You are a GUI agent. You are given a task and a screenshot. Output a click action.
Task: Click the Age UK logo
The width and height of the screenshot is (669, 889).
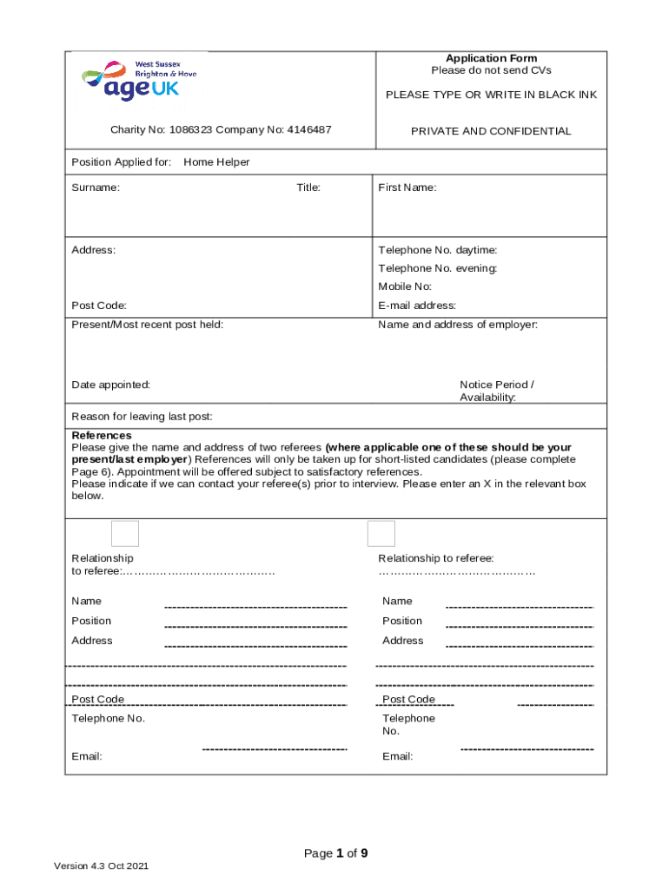click(x=140, y=81)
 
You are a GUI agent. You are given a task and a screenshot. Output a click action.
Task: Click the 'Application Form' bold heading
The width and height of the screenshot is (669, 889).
click(x=491, y=58)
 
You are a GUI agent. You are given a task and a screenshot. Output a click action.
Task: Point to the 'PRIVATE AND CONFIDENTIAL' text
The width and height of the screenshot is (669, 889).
click(x=491, y=131)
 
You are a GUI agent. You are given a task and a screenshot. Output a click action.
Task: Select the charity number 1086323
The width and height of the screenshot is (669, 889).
click(x=190, y=131)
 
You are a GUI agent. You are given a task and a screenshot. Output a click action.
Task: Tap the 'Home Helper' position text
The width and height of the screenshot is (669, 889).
click(x=216, y=161)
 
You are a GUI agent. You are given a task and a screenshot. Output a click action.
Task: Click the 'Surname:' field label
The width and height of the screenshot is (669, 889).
click(x=96, y=188)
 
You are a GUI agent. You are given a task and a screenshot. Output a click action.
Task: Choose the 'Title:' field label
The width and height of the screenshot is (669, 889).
click(x=308, y=188)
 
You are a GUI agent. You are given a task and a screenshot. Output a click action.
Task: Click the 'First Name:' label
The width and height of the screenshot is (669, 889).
click(x=407, y=188)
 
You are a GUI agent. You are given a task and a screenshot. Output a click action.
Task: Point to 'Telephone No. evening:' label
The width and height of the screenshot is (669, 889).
click(x=437, y=268)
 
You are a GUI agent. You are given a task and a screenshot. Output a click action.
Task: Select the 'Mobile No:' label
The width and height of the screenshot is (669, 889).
click(x=404, y=286)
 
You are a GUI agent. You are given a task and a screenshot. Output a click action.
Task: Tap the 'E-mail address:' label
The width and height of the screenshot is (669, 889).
click(x=417, y=306)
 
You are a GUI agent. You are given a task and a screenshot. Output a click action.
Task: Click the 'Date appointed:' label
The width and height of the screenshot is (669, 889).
click(x=110, y=385)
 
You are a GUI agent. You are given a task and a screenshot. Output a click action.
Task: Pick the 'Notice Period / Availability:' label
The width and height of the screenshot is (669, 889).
click(x=496, y=391)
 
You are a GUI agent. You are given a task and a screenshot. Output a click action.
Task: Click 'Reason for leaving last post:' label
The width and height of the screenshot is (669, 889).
click(x=142, y=417)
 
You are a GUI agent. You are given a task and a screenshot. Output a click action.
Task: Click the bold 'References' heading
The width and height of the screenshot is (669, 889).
click(x=102, y=435)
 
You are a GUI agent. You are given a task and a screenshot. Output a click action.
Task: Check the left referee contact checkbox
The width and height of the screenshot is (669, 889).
click(x=125, y=533)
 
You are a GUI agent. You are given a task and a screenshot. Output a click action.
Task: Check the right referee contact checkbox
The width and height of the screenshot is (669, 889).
click(x=381, y=533)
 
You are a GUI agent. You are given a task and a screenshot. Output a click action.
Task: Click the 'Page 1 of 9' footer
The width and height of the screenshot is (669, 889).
click(x=335, y=853)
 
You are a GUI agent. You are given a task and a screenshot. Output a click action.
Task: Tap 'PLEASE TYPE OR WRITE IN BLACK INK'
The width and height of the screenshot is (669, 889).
click(x=491, y=95)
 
